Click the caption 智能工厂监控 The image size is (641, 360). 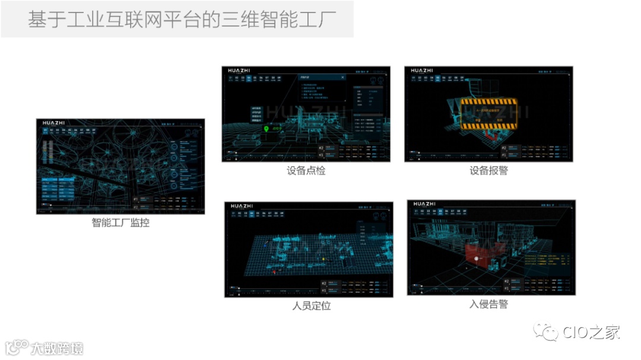pyautogui.click(x=120, y=223)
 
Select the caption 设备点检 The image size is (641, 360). pyautogui.click(x=306, y=171)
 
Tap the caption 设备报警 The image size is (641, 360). pyautogui.click(x=488, y=171)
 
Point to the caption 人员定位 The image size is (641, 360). pyautogui.click(x=311, y=306)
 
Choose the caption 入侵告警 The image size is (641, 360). pyautogui.click(x=488, y=304)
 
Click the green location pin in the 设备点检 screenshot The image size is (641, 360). pyautogui.click(x=266, y=128)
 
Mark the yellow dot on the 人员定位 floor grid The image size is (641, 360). pyautogui.click(x=323, y=259)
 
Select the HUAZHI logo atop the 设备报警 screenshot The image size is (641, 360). pyautogui.click(x=422, y=71)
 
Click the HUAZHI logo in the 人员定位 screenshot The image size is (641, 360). pyautogui.click(x=242, y=206)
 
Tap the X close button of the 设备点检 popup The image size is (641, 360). pyautogui.click(x=342, y=77)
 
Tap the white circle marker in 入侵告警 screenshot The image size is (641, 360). pyautogui.click(x=475, y=259)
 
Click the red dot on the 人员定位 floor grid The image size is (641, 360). pyautogui.click(x=274, y=272)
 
